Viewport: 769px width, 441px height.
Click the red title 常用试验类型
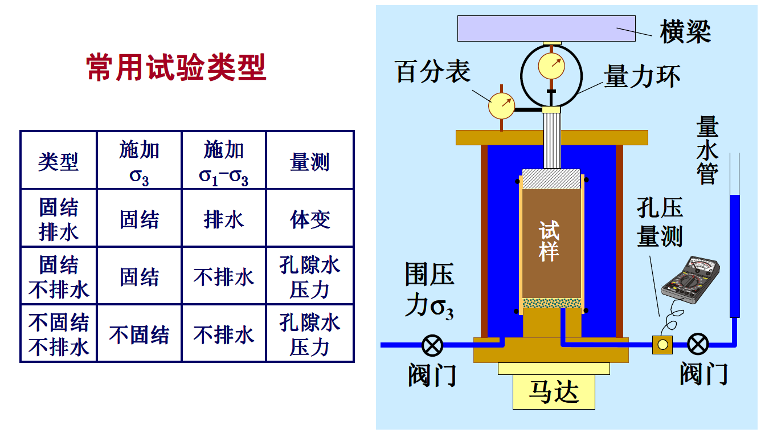tap(176, 67)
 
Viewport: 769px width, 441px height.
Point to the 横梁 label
tap(685, 31)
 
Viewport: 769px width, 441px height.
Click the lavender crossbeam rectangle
tap(546, 28)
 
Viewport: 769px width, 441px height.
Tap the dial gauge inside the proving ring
tap(551, 66)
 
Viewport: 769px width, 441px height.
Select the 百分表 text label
tap(432, 71)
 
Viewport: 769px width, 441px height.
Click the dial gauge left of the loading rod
tap(502, 105)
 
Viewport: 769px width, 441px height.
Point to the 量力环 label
tap(643, 76)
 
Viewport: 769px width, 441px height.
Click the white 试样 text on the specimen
tap(549, 241)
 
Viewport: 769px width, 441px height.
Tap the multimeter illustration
tap(690, 280)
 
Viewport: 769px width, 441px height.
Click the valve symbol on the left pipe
tap(432, 345)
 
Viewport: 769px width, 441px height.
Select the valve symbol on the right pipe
tap(698, 344)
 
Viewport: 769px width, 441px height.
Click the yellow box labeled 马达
tap(554, 392)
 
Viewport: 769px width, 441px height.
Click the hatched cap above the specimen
tap(551, 178)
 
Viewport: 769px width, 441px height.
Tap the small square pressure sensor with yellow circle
tap(662, 345)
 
